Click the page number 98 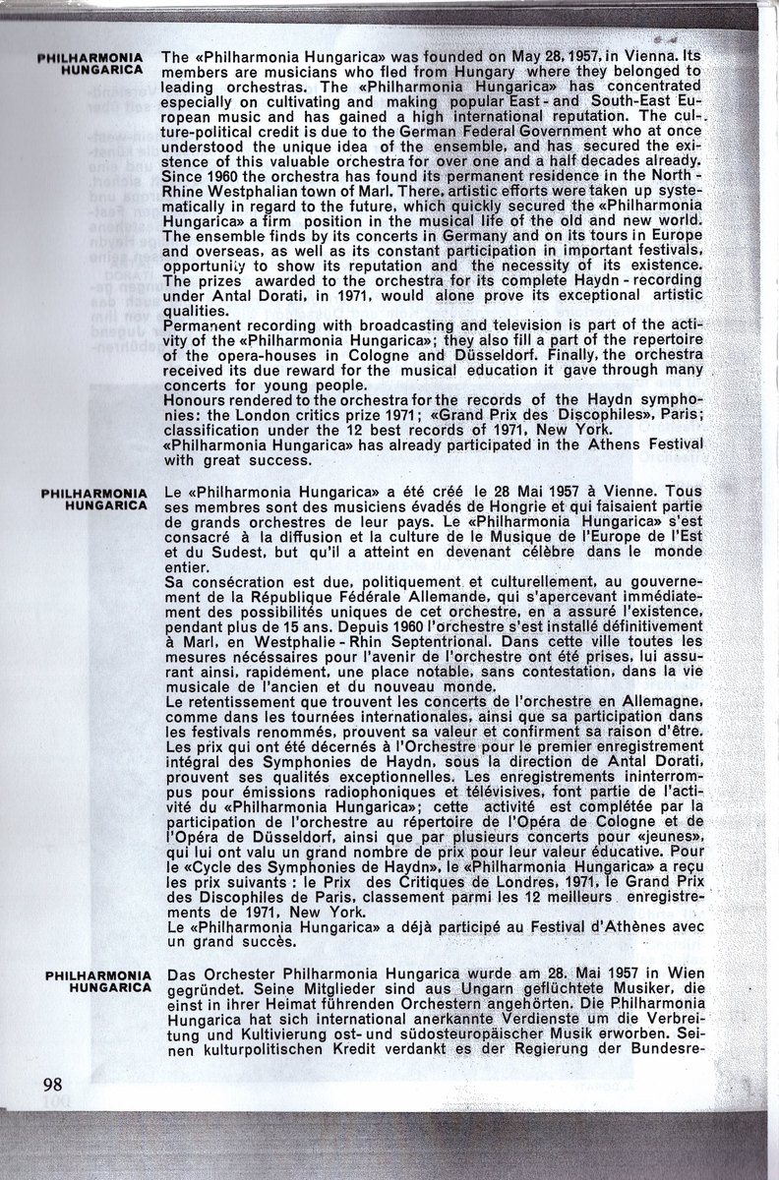point(53,1085)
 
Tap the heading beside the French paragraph point(95,498)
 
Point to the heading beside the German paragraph point(98,978)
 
